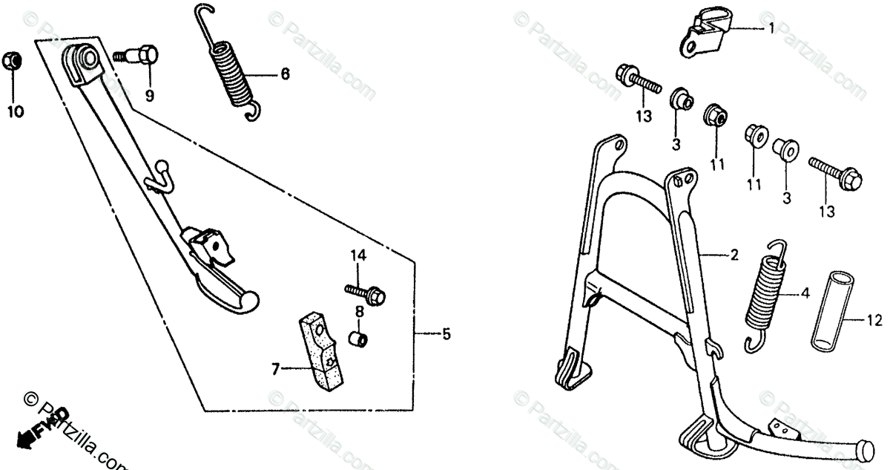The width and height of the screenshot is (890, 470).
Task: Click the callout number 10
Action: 15,112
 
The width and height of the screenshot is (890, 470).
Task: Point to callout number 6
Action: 285,74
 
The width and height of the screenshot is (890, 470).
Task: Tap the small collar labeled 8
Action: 358,339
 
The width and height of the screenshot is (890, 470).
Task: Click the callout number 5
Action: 445,335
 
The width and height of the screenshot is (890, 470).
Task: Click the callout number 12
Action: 874,321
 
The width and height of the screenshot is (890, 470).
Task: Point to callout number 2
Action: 734,255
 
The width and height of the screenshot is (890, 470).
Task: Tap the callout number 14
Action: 358,256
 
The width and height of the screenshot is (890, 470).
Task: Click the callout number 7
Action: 275,369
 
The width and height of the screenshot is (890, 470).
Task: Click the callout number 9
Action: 149,95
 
